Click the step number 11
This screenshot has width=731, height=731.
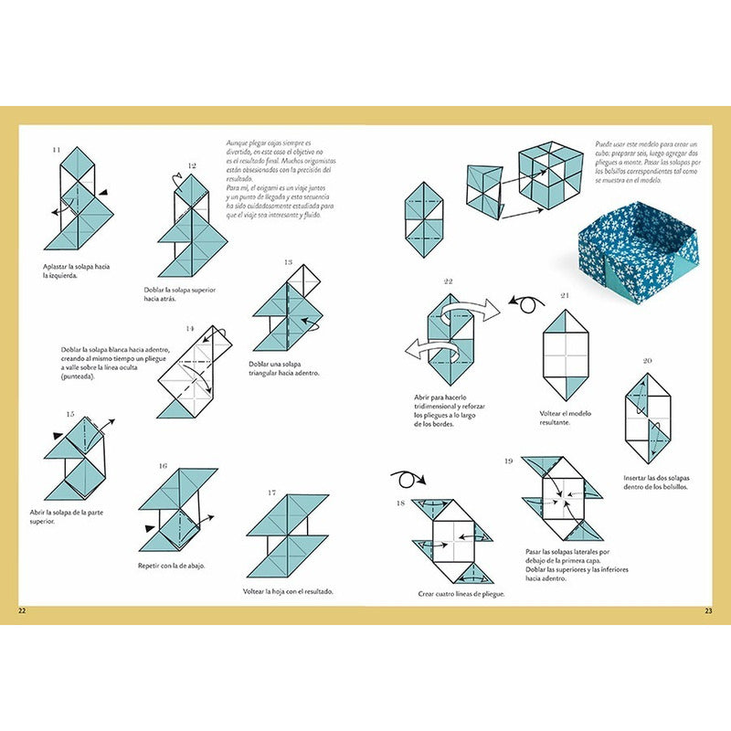click(x=57, y=149)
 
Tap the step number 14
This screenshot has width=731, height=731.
click(x=190, y=328)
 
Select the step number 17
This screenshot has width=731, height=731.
click(x=272, y=493)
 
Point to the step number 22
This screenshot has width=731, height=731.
click(x=448, y=281)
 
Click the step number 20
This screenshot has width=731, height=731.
click(x=647, y=361)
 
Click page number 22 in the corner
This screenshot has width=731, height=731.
click(x=22, y=610)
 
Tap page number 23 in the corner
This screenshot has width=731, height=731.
click(x=708, y=610)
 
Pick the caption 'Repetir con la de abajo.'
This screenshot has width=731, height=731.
click(x=172, y=566)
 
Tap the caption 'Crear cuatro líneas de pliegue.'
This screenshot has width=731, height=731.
click(x=461, y=594)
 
